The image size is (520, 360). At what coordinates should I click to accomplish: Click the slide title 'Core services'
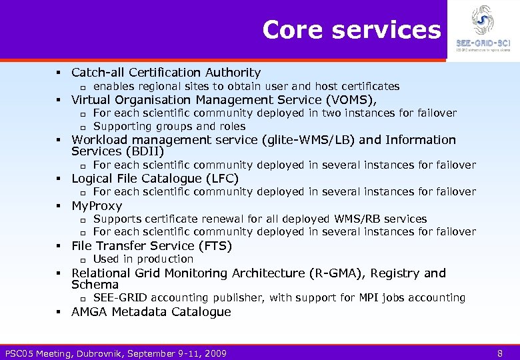351,30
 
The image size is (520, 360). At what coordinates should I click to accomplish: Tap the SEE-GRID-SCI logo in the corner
483,29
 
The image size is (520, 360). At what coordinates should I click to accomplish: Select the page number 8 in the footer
500,353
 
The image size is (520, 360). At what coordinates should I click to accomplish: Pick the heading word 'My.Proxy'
97,206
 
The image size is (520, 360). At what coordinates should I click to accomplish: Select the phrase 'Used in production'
143,259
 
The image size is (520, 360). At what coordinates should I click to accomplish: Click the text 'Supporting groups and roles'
169,127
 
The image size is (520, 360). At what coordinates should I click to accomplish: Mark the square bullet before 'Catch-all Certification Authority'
59,73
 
